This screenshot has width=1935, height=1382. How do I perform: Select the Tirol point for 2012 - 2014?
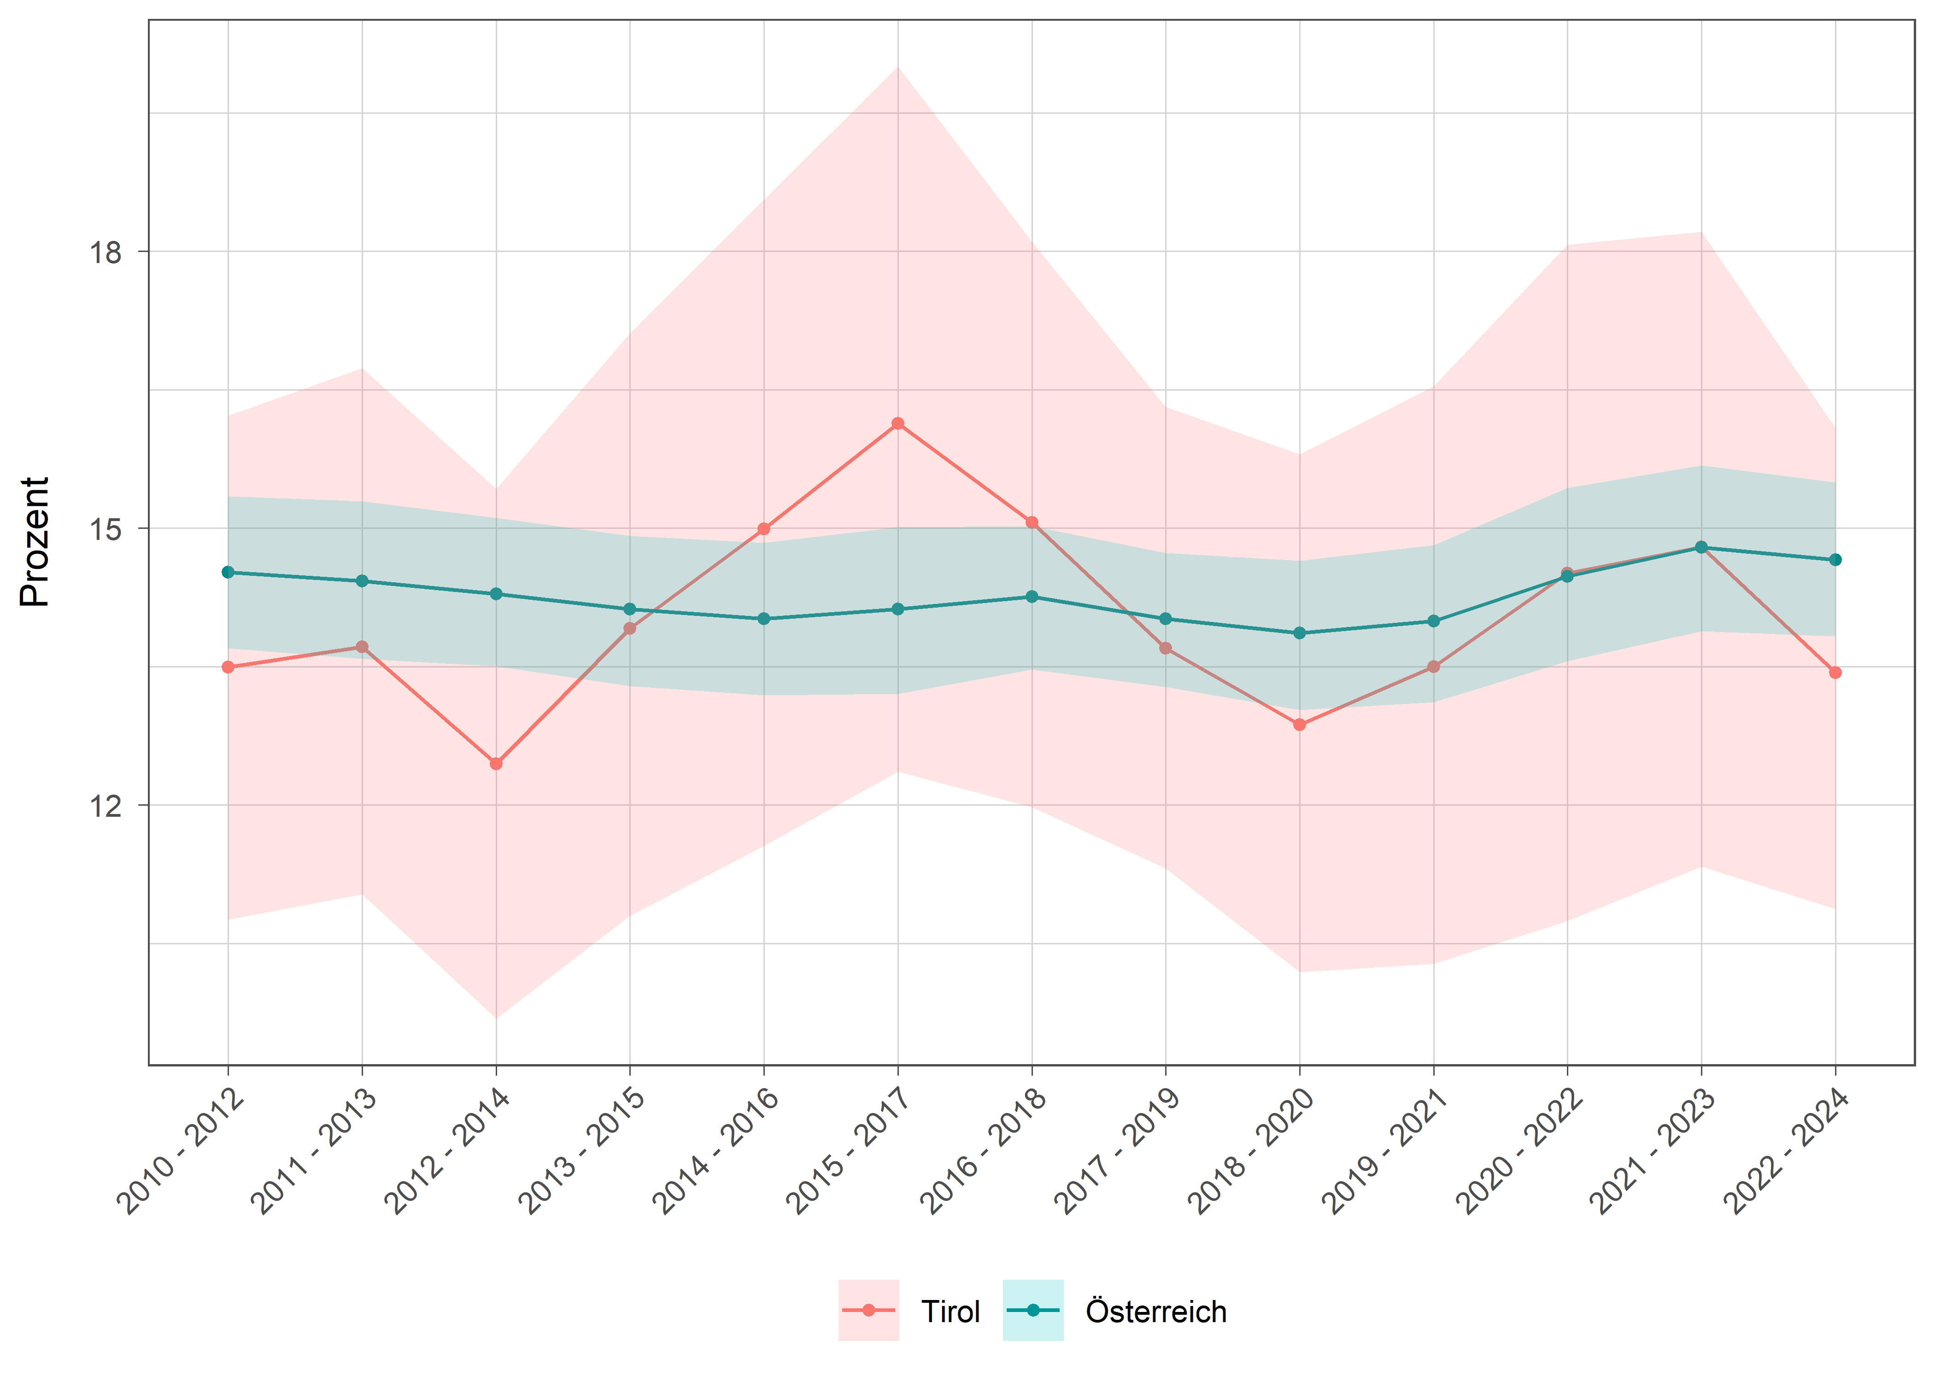(x=496, y=763)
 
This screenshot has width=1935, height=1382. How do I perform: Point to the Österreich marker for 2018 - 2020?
(x=1299, y=633)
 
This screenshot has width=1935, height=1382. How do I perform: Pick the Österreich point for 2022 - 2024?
(x=1835, y=560)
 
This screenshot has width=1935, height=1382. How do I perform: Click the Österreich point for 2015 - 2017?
(x=898, y=609)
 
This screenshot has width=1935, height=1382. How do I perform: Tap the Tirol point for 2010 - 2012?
(x=228, y=667)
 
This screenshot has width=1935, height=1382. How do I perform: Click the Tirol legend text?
(x=950, y=1312)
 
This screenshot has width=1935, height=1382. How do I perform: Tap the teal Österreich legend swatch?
(x=1032, y=1311)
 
